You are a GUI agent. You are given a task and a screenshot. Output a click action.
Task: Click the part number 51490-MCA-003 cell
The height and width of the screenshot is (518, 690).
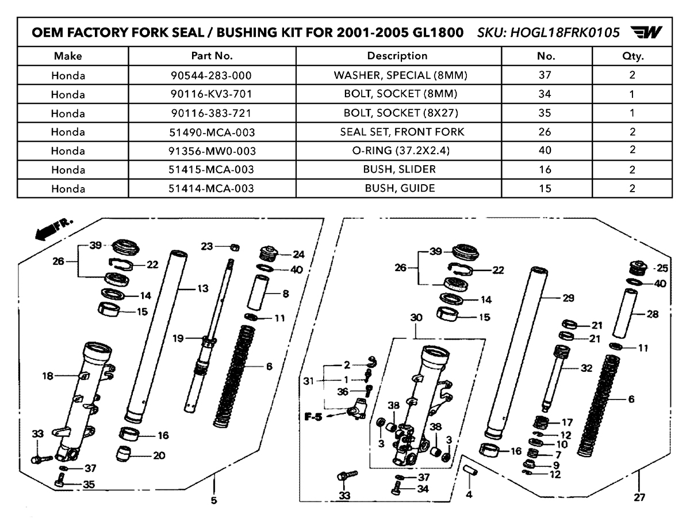click(212, 132)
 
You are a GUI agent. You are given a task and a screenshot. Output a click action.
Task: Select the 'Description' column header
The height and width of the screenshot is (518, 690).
click(397, 56)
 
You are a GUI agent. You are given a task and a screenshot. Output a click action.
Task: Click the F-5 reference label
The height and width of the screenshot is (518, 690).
click(313, 416)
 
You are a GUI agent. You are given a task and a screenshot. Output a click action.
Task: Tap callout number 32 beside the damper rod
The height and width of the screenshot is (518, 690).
click(586, 369)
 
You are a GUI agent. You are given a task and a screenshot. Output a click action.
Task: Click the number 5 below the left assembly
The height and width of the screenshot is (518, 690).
click(214, 500)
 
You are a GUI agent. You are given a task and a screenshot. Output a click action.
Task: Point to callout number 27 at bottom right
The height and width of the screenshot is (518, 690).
click(640, 497)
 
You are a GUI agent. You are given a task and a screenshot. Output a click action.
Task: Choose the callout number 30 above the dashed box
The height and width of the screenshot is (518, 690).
click(416, 318)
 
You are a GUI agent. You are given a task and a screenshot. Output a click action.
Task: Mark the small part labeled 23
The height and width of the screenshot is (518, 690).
click(234, 247)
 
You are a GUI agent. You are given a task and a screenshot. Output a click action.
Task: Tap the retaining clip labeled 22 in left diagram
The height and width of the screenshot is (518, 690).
click(120, 264)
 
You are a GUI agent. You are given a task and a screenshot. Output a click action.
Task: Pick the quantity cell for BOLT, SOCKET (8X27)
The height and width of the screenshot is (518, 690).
click(632, 113)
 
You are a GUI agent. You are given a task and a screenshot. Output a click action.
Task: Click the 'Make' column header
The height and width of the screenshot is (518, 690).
click(68, 56)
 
